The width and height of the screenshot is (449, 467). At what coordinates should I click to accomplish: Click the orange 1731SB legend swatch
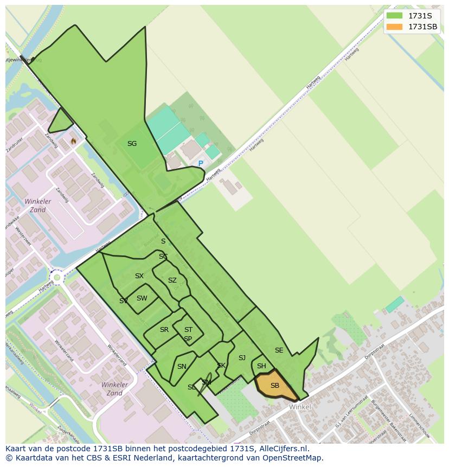pyautogui.click(x=395, y=27)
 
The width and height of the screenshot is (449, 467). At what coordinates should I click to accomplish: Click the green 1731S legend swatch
pyautogui.click(x=395, y=16)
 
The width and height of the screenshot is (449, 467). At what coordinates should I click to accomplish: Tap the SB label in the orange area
pyautogui.click(x=275, y=386)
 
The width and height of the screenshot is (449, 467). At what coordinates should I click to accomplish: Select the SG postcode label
pyautogui.click(x=132, y=144)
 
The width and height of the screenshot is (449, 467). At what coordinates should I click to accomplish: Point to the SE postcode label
pyautogui.click(x=279, y=350)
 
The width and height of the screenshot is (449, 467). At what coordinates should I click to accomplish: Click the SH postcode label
pyautogui.click(x=261, y=366)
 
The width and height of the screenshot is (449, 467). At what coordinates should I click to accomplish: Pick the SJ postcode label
pyautogui.click(x=242, y=358)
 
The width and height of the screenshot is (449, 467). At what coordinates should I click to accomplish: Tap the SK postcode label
pyautogui.click(x=221, y=366)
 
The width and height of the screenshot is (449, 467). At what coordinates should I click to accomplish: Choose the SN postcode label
pyautogui.click(x=182, y=367)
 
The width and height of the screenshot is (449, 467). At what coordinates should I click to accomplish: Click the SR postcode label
pyautogui.click(x=164, y=330)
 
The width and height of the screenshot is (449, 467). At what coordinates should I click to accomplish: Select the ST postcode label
pyautogui.click(x=188, y=330)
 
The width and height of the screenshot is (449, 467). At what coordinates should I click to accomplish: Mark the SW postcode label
pyautogui.click(x=142, y=298)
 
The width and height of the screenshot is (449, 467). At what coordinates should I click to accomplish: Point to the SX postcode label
pyautogui.click(x=139, y=276)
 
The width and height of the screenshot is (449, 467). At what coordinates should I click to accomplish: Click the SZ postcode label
pyautogui.click(x=172, y=280)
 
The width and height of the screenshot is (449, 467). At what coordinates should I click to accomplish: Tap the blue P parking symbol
pyautogui.click(x=201, y=163)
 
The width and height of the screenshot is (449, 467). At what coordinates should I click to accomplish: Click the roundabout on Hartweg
pyautogui.click(x=56, y=278)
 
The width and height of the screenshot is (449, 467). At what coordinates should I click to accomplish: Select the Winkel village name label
pyautogui.click(x=300, y=407)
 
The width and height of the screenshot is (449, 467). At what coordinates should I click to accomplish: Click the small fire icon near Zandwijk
pyautogui.click(x=74, y=141)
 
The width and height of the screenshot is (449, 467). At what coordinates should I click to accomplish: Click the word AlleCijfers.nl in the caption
pyautogui.click(x=281, y=449)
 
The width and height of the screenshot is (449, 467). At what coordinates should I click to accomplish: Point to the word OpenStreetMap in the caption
pyautogui.click(x=292, y=458)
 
